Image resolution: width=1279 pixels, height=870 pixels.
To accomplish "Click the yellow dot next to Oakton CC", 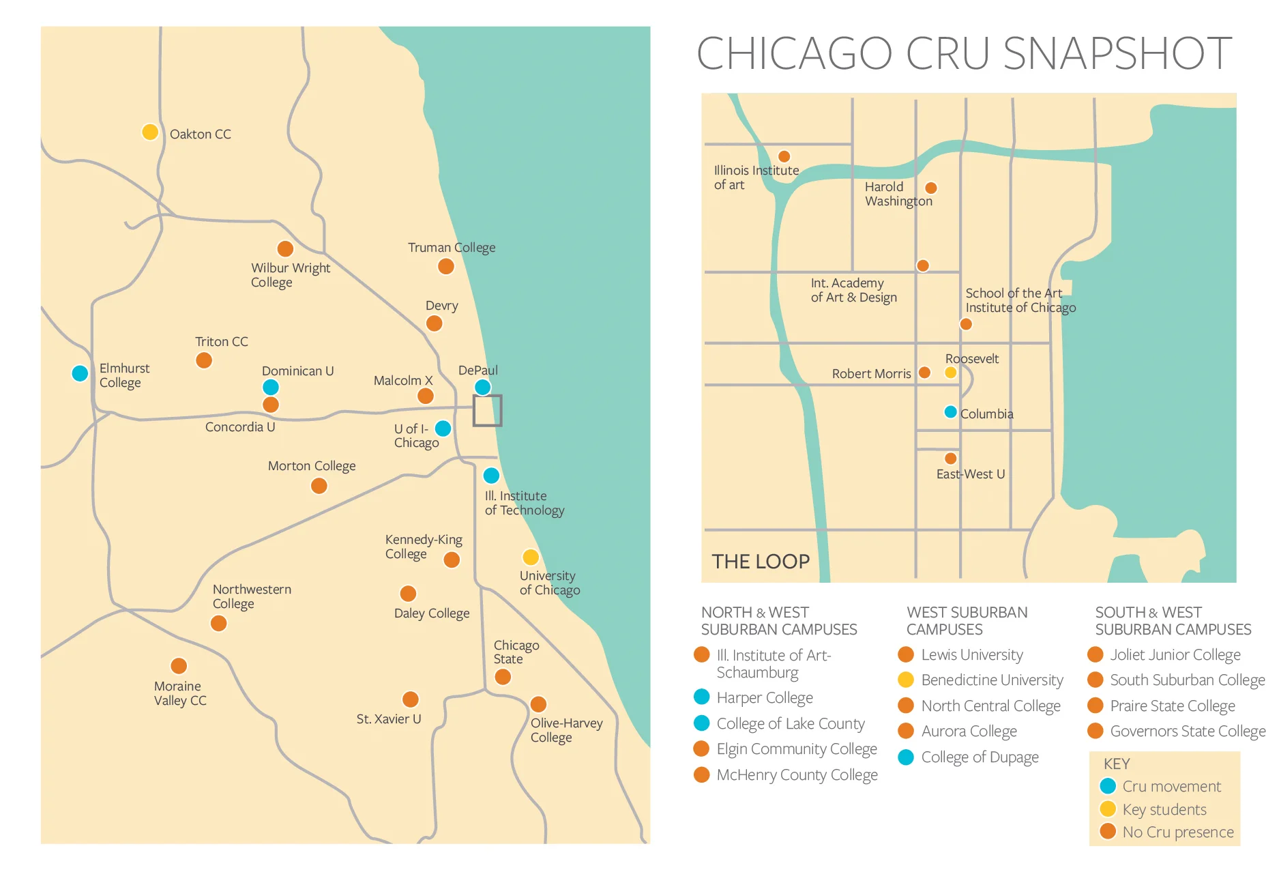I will click(150, 132).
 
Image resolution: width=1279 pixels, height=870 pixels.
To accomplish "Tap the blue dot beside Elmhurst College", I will click(80, 373).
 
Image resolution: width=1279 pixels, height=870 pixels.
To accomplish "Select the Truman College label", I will click(451, 248).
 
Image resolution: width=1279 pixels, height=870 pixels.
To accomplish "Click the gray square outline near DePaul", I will click(488, 411).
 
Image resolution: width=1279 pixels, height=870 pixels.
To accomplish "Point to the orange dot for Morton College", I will click(319, 486).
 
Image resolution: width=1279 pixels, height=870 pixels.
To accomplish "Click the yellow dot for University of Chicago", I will click(531, 557).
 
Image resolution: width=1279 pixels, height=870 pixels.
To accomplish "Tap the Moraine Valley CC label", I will click(179, 693).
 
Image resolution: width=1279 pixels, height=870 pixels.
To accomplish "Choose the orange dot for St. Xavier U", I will click(411, 699).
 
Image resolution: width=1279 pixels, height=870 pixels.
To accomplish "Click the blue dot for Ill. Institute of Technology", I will click(491, 475).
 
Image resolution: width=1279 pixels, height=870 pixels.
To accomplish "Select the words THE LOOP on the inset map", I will click(761, 562).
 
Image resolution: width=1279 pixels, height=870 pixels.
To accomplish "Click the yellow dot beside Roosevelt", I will click(950, 373).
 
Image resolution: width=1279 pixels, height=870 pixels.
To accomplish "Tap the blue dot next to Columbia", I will click(950, 412).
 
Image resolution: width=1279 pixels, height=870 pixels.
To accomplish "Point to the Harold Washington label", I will click(898, 194).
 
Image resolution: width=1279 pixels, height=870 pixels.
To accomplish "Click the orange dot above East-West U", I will click(950, 459).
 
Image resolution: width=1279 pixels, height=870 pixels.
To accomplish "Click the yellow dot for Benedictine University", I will click(906, 680).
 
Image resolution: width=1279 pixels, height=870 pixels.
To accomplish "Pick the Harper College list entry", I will click(764, 697).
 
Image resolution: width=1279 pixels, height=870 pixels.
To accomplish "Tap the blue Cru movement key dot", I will click(1108, 786).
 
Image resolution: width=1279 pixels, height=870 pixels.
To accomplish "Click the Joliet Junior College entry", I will click(1175, 654).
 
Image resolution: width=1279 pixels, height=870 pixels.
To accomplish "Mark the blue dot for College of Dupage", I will click(906, 757).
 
